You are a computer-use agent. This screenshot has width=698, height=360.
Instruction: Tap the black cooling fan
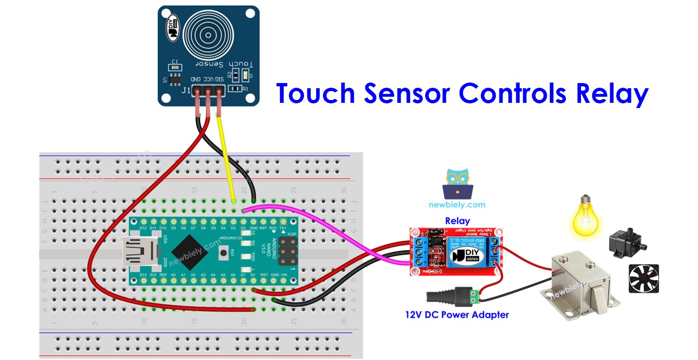tap(643, 278)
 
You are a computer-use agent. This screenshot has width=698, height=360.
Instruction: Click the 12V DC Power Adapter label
tap(457, 314)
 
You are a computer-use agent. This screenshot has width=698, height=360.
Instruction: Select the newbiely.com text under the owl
tap(457, 205)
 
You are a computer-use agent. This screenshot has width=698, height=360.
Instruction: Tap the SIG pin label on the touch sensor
tap(219, 78)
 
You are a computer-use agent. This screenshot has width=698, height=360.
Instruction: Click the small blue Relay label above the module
tap(457, 221)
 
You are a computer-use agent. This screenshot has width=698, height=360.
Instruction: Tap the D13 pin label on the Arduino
tap(143, 274)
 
